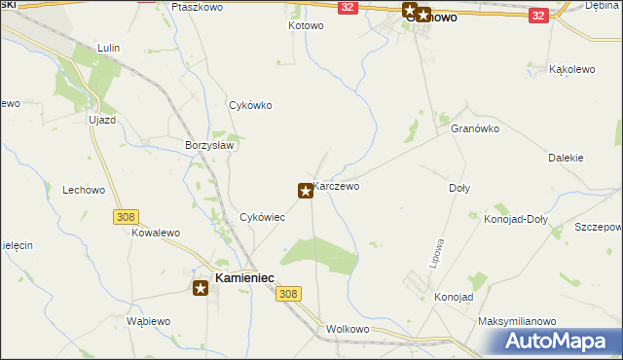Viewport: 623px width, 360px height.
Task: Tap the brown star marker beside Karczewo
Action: (306, 191)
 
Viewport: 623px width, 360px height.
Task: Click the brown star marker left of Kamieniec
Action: (201, 286)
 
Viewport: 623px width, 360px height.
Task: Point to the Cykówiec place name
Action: (262, 217)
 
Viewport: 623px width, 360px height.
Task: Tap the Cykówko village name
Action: (249, 106)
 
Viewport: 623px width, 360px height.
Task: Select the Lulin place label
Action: (108, 47)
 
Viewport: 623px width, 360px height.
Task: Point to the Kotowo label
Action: (305, 25)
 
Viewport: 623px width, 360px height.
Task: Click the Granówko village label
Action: (475, 127)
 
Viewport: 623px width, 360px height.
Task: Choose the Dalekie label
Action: (565, 157)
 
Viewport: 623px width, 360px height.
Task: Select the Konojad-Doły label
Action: (516, 219)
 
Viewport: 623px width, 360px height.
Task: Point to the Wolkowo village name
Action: (349, 329)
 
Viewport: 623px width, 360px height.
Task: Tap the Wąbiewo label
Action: (149, 321)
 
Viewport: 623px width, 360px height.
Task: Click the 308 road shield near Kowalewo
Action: (124, 216)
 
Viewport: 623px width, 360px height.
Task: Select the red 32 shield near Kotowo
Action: (348, 7)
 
